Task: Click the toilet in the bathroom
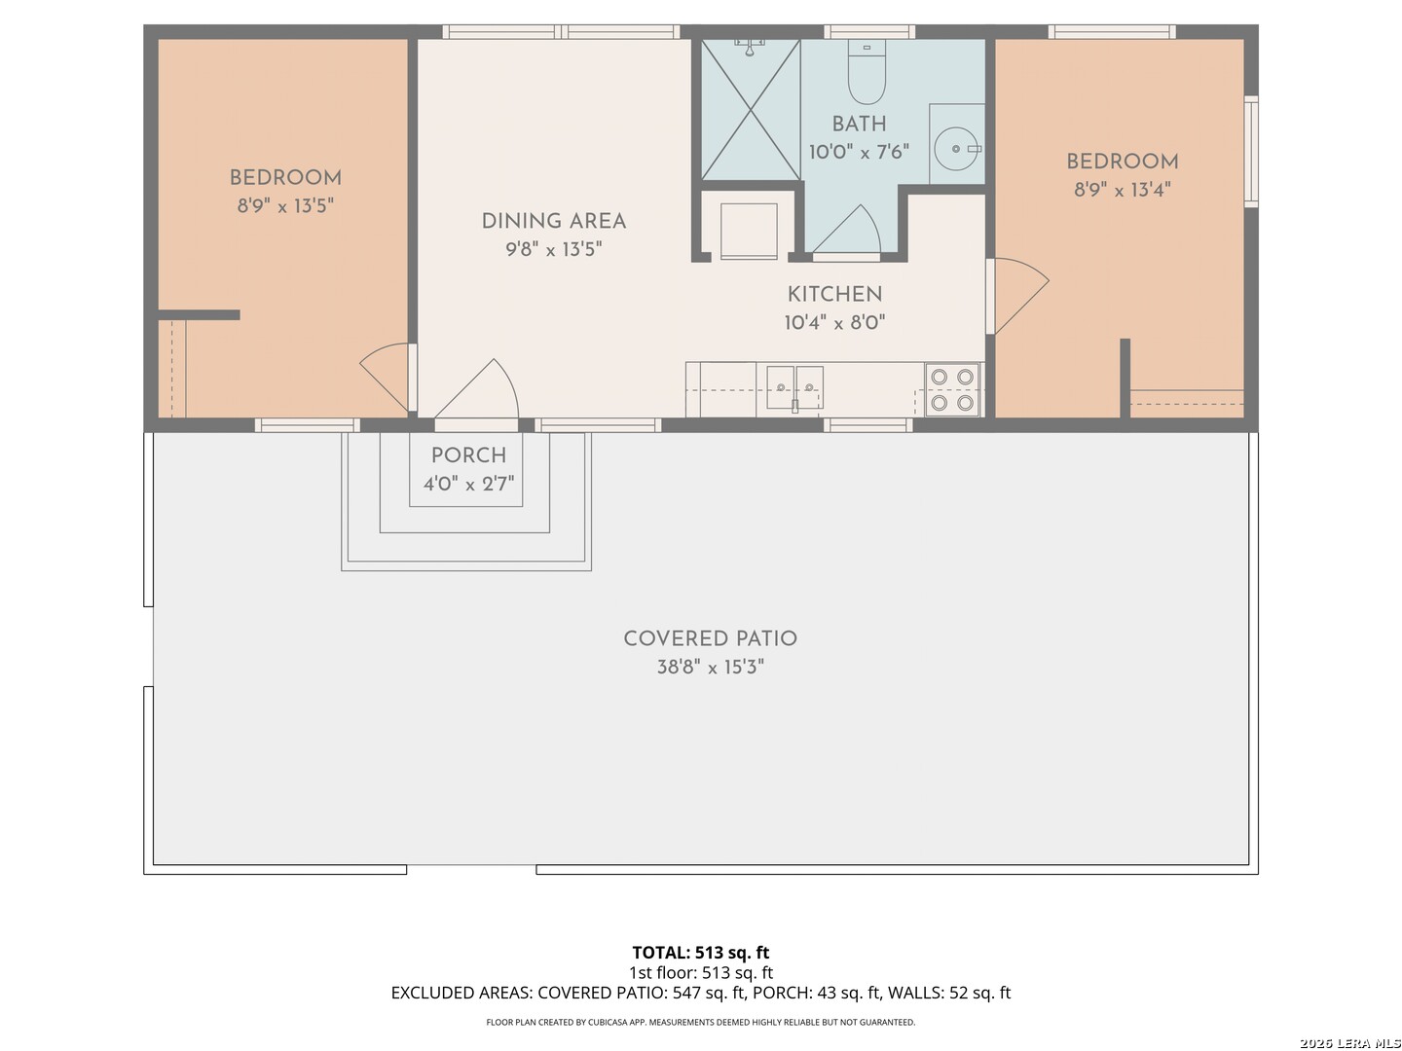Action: [x=867, y=71]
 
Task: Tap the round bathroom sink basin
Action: [x=955, y=149]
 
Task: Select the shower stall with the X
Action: [x=751, y=109]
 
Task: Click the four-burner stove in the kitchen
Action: [x=951, y=389]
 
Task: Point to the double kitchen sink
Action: [x=794, y=387]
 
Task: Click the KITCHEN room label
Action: [x=834, y=294]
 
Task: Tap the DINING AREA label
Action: [x=553, y=221]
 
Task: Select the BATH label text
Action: [x=859, y=124]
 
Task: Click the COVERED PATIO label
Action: [x=711, y=638]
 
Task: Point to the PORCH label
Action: [x=469, y=455]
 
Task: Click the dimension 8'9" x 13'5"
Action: [x=285, y=205]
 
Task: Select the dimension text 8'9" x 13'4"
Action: [x=1123, y=190]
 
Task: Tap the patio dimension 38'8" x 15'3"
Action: [x=711, y=667]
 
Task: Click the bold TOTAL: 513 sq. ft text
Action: [x=701, y=953]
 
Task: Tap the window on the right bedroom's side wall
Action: [x=1251, y=151]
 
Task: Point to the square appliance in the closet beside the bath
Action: [x=749, y=231]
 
